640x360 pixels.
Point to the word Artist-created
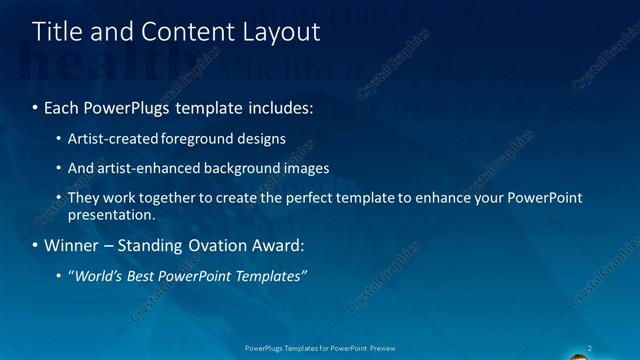point(111,138)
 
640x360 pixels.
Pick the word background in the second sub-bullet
point(238,168)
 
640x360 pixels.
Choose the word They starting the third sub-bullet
point(83,198)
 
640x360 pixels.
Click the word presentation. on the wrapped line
point(112,214)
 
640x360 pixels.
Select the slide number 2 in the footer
point(591,348)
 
